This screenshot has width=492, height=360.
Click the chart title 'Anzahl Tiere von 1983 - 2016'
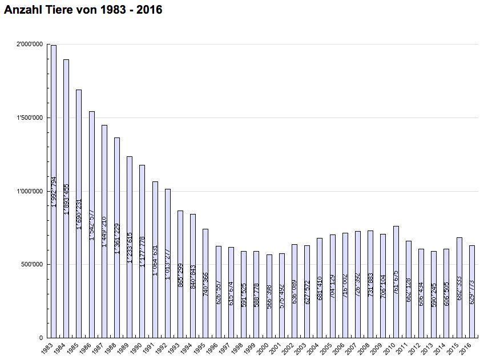pos(83,10)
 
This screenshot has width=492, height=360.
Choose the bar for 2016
pos(471,291)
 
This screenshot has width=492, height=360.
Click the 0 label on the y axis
pos(41,338)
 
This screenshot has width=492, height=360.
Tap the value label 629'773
pos(472,292)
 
